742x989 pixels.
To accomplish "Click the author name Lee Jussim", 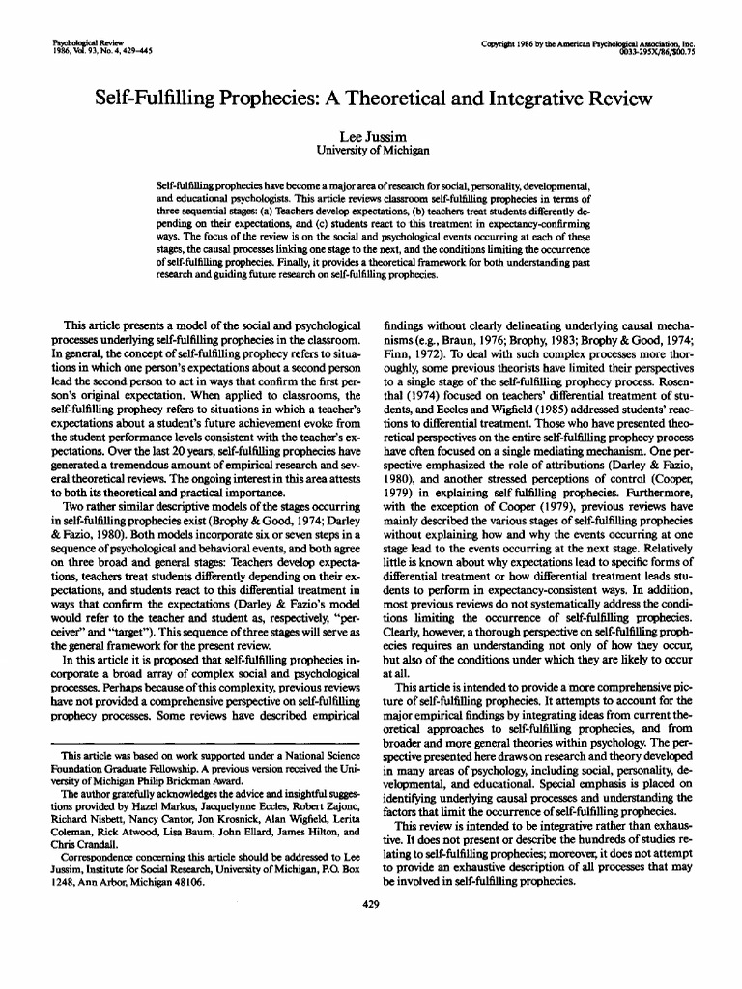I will coord(371,137).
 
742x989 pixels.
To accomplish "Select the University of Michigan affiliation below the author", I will coord(371,151).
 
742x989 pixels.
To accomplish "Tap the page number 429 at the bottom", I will coord(371,904).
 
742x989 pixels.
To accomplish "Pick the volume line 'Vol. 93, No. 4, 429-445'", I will coord(98,52).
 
